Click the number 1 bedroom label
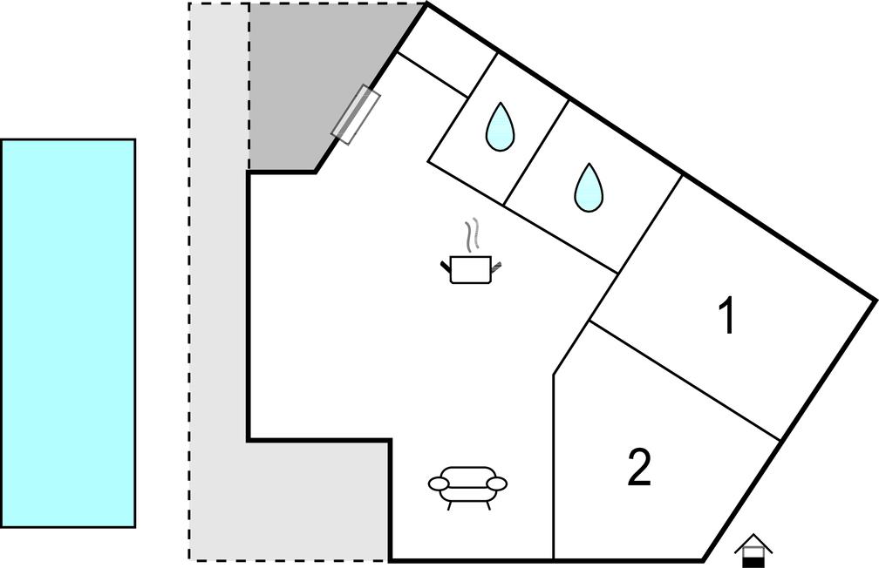pos(727,315)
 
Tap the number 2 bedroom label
pos(639,467)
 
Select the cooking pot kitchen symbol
pos(471,251)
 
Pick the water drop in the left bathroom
pos(500,127)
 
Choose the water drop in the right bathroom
pos(589,187)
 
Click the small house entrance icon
pos(753,551)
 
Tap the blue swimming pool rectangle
pos(68,334)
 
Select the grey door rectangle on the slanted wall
pos(356,115)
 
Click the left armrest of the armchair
pos(439,483)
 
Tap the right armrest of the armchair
pos(497,483)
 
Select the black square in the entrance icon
pos(753,562)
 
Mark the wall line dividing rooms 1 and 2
pos(685,381)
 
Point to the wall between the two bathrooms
pos(536,153)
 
